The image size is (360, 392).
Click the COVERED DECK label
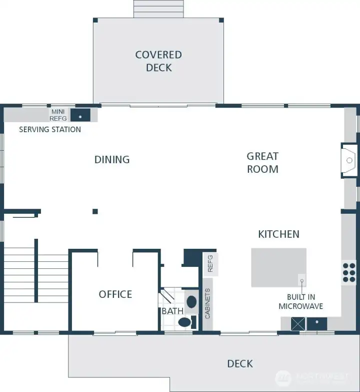click(158, 61)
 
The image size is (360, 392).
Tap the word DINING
click(112, 160)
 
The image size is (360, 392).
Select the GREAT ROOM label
click(262, 163)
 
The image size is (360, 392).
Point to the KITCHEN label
click(278, 234)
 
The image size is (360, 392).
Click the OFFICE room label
click(115, 294)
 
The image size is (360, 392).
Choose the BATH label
click(172, 311)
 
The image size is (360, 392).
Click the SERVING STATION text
click(50, 130)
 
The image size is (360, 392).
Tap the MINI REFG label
click(58, 115)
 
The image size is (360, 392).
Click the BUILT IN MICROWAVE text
click(300, 302)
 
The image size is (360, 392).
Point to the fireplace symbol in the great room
click(349, 160)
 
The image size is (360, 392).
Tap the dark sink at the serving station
click(80, 115)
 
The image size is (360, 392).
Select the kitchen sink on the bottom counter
click(317, 324)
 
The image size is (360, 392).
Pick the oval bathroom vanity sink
click(191, 302)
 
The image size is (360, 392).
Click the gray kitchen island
click(278, 267)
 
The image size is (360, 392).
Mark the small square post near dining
click(95, 211)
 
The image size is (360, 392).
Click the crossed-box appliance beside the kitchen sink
click(298, 324)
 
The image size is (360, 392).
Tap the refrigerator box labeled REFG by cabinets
click(210, 263)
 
